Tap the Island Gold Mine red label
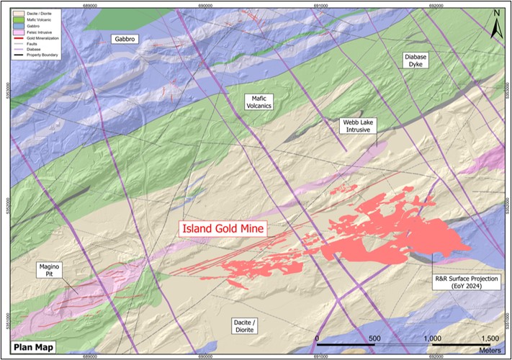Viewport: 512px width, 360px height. click(223, 229)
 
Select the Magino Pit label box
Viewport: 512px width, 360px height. click(51, 271)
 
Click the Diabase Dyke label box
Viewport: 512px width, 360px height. click(416, 59)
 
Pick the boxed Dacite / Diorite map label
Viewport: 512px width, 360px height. click(241, 325)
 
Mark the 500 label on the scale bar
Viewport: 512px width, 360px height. click(374, 338)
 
